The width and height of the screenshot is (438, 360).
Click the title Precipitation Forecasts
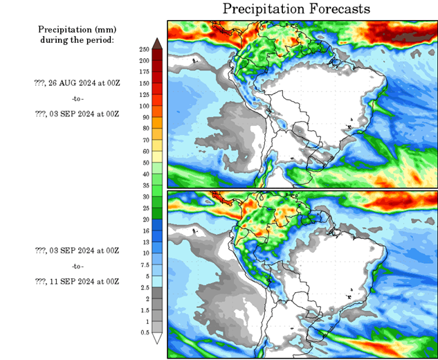pos(296,9)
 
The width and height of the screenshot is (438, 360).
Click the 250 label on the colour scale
pos(145,50)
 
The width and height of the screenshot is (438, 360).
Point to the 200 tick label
pos(145,61)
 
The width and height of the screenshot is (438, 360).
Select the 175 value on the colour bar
pos(145,72)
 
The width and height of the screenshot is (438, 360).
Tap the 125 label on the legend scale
pos(145,95)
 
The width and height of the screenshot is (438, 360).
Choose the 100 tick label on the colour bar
pos(145,106)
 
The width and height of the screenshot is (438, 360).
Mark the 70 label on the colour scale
pos(143,140)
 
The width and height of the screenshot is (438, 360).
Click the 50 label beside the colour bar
pos(143,163)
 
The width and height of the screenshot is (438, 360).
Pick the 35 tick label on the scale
pos(143,185)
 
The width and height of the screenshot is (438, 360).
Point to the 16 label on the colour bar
pos(143,231)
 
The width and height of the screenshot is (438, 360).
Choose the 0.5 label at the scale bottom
pos(143,332)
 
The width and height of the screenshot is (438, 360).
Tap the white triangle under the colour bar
pos(157,339)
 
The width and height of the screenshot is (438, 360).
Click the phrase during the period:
pos(76,39)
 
